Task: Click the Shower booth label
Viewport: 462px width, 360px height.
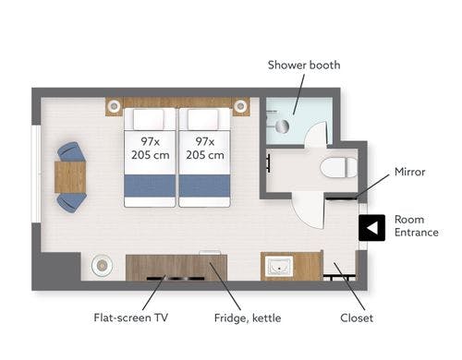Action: (304, 66)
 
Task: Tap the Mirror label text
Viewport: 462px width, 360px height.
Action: (410, 172)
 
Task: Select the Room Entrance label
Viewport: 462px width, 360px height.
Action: (417, 226)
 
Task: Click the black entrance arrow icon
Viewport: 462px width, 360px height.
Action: (372, 228)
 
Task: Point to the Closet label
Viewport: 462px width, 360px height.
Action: (357, 318)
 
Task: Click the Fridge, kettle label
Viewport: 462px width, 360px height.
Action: (248, 318)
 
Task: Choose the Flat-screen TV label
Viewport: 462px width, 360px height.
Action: (131, 318)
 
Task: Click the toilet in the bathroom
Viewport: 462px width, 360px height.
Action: (338, 167)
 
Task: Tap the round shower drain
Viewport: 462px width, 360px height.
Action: (282, 126)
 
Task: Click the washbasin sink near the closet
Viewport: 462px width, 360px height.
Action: (279, 266)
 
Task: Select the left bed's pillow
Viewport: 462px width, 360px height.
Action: (149, 119)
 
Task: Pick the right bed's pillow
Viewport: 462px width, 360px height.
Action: (203, 119)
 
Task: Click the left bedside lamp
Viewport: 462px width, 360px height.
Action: (114, 106)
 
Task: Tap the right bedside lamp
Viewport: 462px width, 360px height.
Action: (240, 106)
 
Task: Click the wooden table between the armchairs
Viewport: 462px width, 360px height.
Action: (70, 177)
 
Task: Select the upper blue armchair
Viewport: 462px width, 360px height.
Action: (71, 151)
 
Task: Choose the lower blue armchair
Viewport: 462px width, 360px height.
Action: (71, 203)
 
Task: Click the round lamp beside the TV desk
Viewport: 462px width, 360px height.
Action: (102, 265)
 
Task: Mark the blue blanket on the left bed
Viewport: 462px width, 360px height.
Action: (150, 186)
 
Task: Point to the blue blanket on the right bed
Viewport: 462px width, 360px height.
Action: (204, 186)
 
